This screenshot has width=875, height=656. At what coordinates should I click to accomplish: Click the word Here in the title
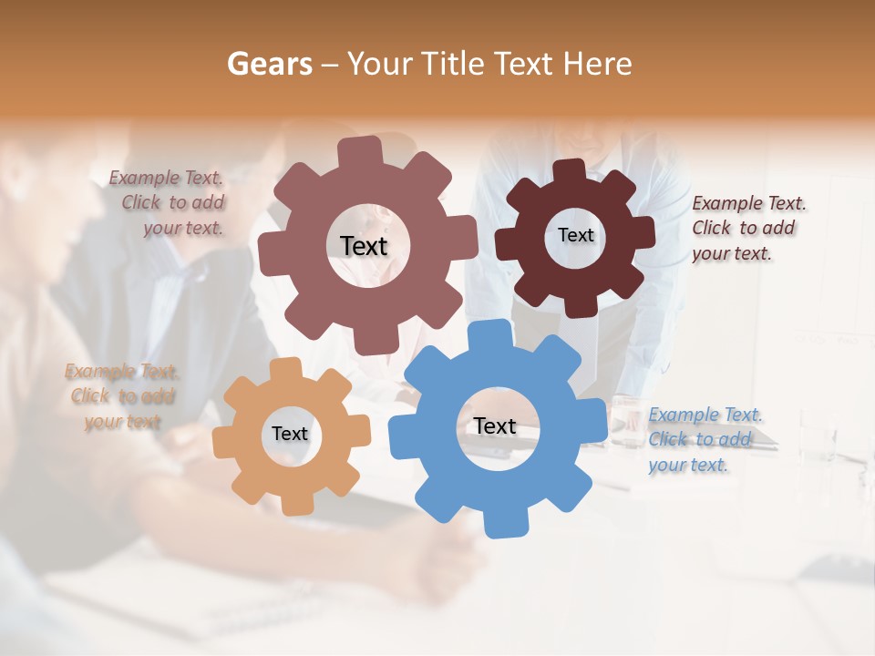[x=598, y=64]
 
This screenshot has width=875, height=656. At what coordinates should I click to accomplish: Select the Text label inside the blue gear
[x=495, y=425]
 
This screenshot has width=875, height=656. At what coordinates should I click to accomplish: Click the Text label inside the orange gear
[x=290, y=434]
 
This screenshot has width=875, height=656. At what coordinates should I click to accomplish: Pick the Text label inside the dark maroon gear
[x=575, y=235]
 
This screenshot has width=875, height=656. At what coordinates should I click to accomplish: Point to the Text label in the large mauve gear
[x=364, y=245]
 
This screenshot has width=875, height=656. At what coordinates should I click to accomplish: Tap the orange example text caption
[x=122, y=396]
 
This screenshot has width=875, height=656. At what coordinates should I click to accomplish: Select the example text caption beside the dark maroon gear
[x=747, y=228]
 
